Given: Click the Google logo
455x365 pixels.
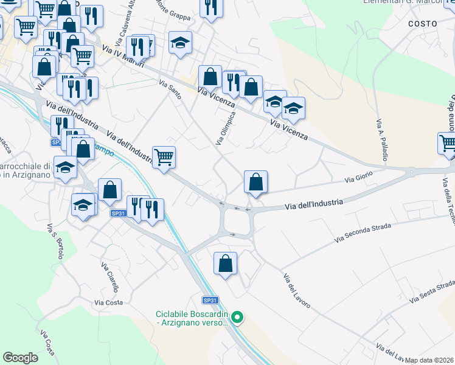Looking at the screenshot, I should [20, 357].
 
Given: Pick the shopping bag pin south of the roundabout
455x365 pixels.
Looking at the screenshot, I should [225, 264].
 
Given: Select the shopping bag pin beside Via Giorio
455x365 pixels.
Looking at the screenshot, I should [255, 182].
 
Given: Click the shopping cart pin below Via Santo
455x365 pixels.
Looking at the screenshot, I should [164, 158].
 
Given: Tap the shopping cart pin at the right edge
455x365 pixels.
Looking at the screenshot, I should [448, 144].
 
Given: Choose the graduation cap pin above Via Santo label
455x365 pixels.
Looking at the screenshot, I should [179, 43].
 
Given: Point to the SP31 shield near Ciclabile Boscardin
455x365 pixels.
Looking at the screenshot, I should [210, 301].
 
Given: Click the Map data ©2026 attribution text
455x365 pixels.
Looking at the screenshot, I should [429, 360].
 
